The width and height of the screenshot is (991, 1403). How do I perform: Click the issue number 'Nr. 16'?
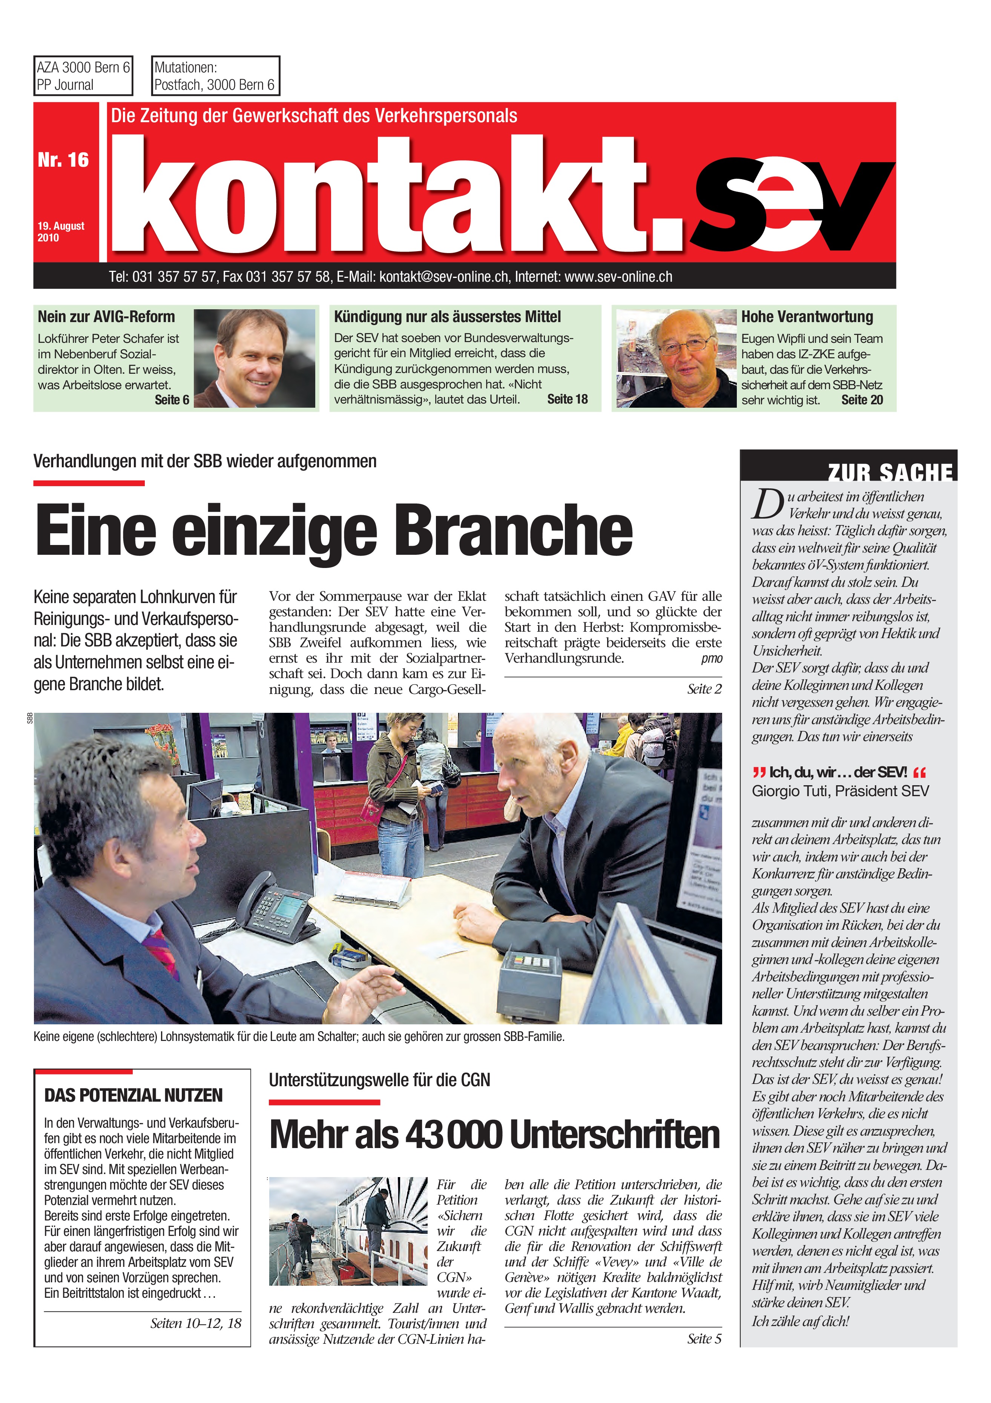pyautogui.click(x=63, y=160)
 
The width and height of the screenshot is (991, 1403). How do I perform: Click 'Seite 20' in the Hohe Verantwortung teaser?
pyautogui.click(x=862, y=400)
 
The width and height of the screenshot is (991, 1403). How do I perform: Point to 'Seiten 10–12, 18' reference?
pyautogui.click(x=195, y=1323)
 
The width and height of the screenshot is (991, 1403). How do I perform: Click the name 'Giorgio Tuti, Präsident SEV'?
pyautogui.click(x=840, y=791)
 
